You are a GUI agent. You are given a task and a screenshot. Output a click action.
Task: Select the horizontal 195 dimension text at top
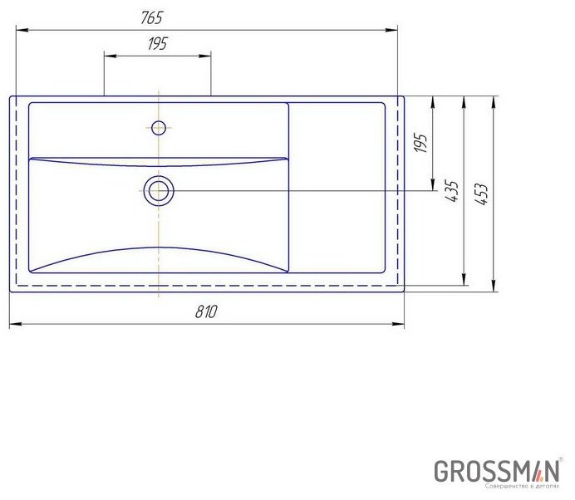point(157,45)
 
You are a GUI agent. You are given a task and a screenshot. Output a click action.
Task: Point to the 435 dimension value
point(452,192)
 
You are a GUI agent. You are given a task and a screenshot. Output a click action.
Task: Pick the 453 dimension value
point(481,194)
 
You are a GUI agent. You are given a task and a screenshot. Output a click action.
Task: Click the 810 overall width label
point(206,311)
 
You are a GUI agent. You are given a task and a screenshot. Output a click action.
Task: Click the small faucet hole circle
point(158,127)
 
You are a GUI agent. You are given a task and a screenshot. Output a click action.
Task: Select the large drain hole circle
point(158,191)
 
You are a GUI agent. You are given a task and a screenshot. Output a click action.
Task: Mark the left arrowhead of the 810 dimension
point(14,324)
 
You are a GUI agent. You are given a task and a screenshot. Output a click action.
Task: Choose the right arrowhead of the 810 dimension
point(400,324)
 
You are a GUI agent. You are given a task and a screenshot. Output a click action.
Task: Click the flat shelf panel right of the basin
point(337,187)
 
